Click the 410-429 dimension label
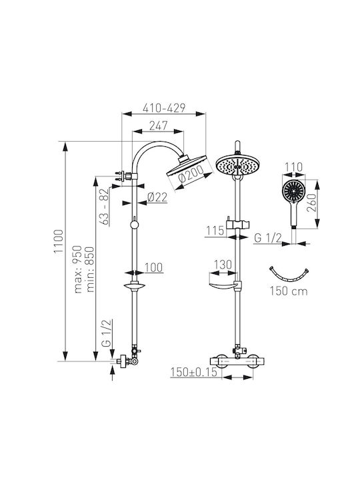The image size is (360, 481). point(164,108)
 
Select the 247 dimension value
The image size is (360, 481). point(159,126)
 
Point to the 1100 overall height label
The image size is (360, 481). point(59,241)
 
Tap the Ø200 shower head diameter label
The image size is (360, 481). point(191,174)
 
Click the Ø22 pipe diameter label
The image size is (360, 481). point(157,197)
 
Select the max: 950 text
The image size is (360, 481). point(78,269)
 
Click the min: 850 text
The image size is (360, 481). point(90,269)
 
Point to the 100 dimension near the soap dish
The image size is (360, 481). point(153,267)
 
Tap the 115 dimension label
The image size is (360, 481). point(215,230)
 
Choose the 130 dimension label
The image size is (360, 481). point(223,265)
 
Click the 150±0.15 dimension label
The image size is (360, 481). point(194,372)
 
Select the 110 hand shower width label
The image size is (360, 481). point(294,167)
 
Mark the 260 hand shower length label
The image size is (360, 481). point(311,203)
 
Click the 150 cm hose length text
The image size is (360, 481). point(289,291)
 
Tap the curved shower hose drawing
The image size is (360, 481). point(289,279)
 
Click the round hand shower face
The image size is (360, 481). point(293,191)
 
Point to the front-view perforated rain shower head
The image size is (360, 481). point(237,166)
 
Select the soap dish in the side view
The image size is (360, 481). point(135,286)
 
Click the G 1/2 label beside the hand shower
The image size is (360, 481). point(268,238)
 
